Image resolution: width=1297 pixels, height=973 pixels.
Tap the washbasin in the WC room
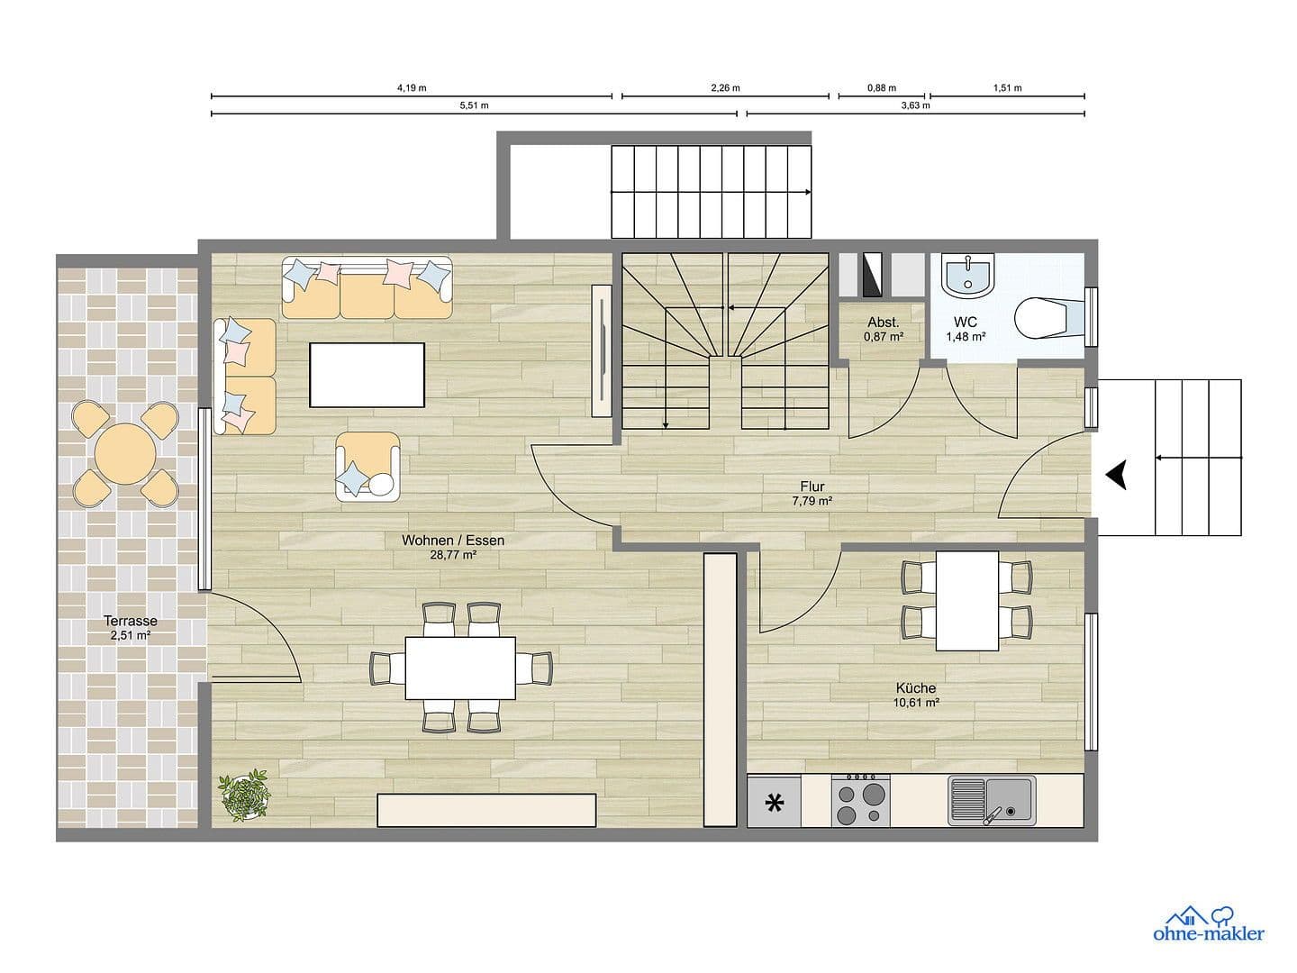[967, 274]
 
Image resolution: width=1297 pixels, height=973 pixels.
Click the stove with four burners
[860, 800]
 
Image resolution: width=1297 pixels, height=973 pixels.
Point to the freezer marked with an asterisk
[774, 802]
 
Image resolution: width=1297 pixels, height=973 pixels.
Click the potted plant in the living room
[244, 795]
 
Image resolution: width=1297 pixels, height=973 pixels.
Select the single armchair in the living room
[367, 466]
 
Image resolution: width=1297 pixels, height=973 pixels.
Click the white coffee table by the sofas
[367, 375]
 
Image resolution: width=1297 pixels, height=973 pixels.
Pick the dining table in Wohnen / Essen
[460, 668]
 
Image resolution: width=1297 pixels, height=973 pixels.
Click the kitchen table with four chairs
[966, 600]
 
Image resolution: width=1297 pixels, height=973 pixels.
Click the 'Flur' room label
[812, 487]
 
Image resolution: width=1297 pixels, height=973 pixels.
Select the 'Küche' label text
[916, 688]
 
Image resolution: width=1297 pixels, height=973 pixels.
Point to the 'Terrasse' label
[131, 621]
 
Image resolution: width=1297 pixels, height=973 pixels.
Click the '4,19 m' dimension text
[412, 88]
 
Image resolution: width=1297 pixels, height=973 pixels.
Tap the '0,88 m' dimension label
[882, 88]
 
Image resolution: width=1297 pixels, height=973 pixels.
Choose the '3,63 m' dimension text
[915, 105]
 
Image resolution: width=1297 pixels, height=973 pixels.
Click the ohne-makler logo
[1208, 924]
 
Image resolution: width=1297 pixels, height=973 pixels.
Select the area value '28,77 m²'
[453, 555]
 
